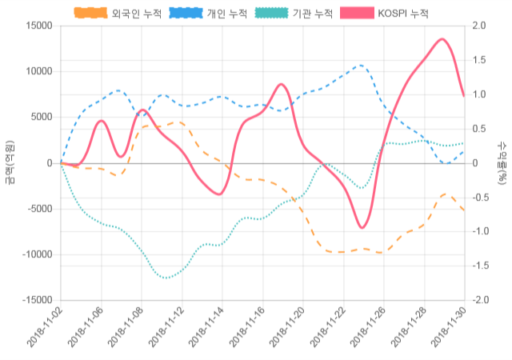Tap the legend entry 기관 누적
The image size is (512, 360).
(x=293, y=14)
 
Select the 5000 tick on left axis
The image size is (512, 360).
(x=40, y=117)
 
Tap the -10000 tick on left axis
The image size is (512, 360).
(x=36, y=254)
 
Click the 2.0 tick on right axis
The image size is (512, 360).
(x=480, y=26)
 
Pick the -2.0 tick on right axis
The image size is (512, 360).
(x=482, y=300)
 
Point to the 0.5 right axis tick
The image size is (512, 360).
(x=480, y=129)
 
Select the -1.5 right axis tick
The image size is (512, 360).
(x=482, y=266)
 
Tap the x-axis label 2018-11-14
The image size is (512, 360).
(x=206, y=329)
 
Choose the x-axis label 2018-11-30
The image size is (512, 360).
(x=449, y=329)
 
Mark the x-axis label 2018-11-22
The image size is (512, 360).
(x=328, y=329)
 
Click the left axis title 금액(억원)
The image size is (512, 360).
(x=10, y=162)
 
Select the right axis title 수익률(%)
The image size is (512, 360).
(x=502, y=162)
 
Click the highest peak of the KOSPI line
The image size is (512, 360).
(x=442, y=38)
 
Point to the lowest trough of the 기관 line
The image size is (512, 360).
(x=166, y=278)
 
